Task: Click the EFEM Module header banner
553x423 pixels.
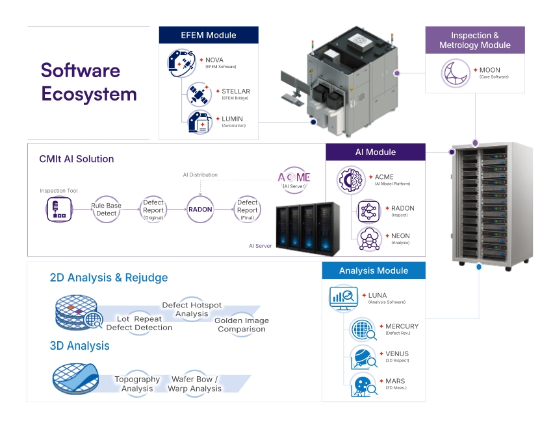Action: point(209,35)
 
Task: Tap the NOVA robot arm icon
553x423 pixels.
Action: point(181,63)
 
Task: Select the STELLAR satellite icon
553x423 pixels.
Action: point(198,95)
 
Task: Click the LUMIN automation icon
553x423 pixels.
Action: point(199,123)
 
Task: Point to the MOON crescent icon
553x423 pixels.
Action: point(456,73)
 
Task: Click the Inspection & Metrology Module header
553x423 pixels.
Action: point(474,40)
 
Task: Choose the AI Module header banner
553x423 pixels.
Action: point(376,152)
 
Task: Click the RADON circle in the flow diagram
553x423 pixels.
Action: point(199,210)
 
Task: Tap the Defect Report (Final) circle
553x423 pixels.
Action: point(248,210)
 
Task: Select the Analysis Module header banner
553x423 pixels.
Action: point(374,271)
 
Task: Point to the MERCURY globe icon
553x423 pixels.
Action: point(361,330)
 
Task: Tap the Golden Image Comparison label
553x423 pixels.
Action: point(242,324)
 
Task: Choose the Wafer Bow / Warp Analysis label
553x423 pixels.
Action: point(194,383)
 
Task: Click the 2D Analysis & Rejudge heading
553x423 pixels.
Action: point(109,278)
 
